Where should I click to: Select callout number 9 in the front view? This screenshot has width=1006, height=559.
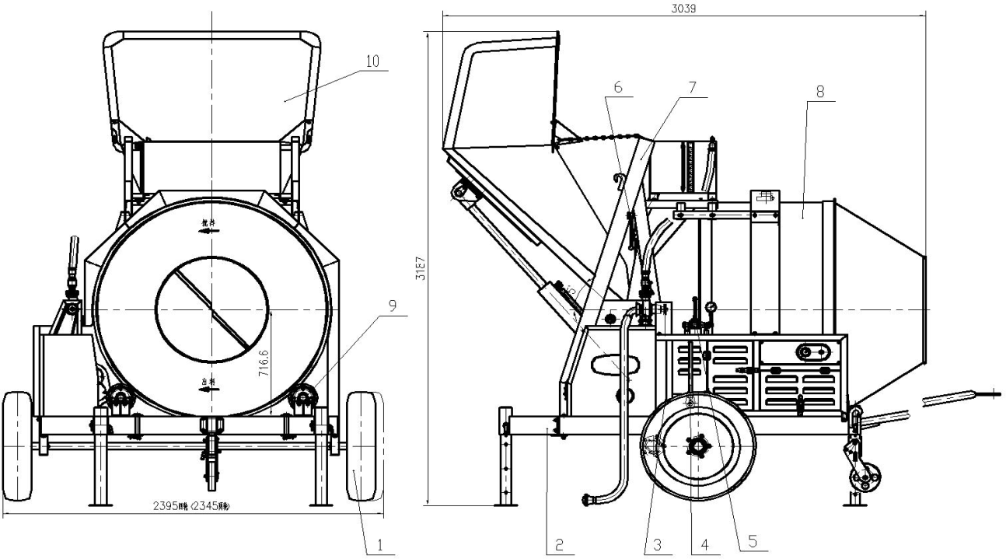click(x=393, y=306)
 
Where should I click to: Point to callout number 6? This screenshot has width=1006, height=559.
click(x=618, y=88)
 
